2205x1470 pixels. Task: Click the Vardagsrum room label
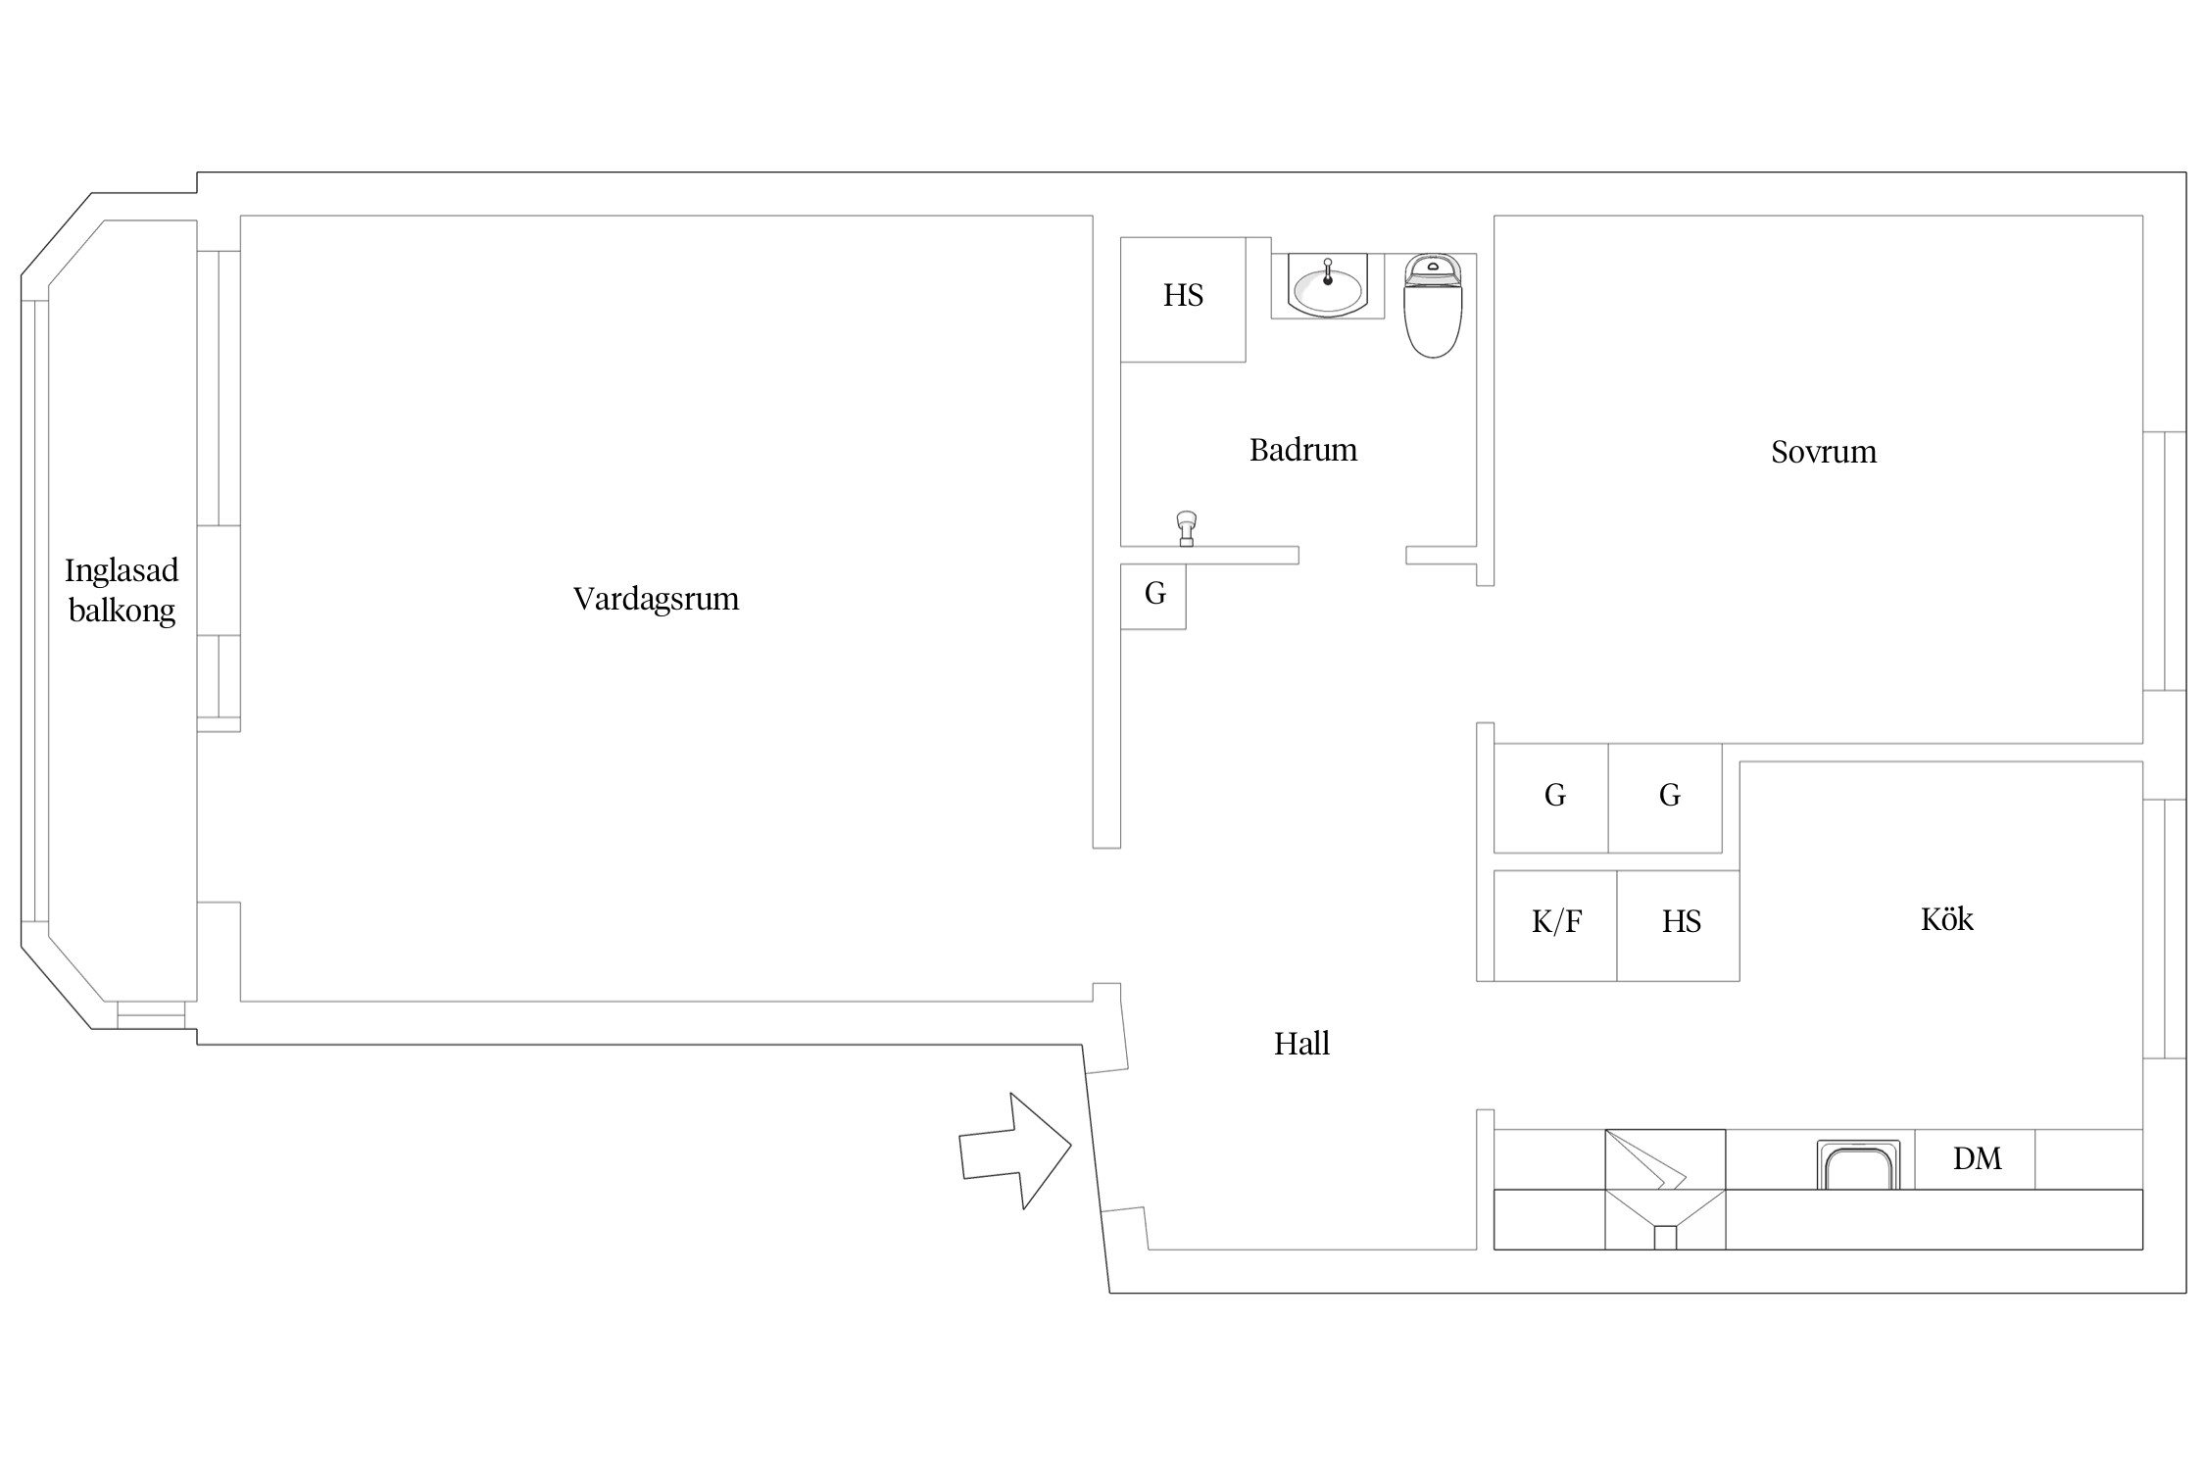656,599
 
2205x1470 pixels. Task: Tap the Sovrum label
1824,452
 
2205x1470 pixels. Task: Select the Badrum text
1303,450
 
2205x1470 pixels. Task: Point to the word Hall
1301,1044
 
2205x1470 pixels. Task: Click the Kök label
1946,919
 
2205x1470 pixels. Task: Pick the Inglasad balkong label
122,590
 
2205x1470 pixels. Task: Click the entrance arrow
1015,1151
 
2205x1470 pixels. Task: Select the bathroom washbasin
1328,285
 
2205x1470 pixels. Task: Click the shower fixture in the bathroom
1186,528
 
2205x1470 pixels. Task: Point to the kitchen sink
1858,1164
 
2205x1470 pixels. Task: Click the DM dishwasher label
1977,1159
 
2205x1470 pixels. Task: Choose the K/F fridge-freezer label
1556,922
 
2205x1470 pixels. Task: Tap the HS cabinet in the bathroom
1183,299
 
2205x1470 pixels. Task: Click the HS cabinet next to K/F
1678,925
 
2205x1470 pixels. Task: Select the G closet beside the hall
1153,596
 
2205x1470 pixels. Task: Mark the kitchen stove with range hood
1665,1190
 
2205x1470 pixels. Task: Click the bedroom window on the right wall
2164,561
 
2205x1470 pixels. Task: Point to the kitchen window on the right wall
2164,929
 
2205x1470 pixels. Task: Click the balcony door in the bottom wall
151,1014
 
